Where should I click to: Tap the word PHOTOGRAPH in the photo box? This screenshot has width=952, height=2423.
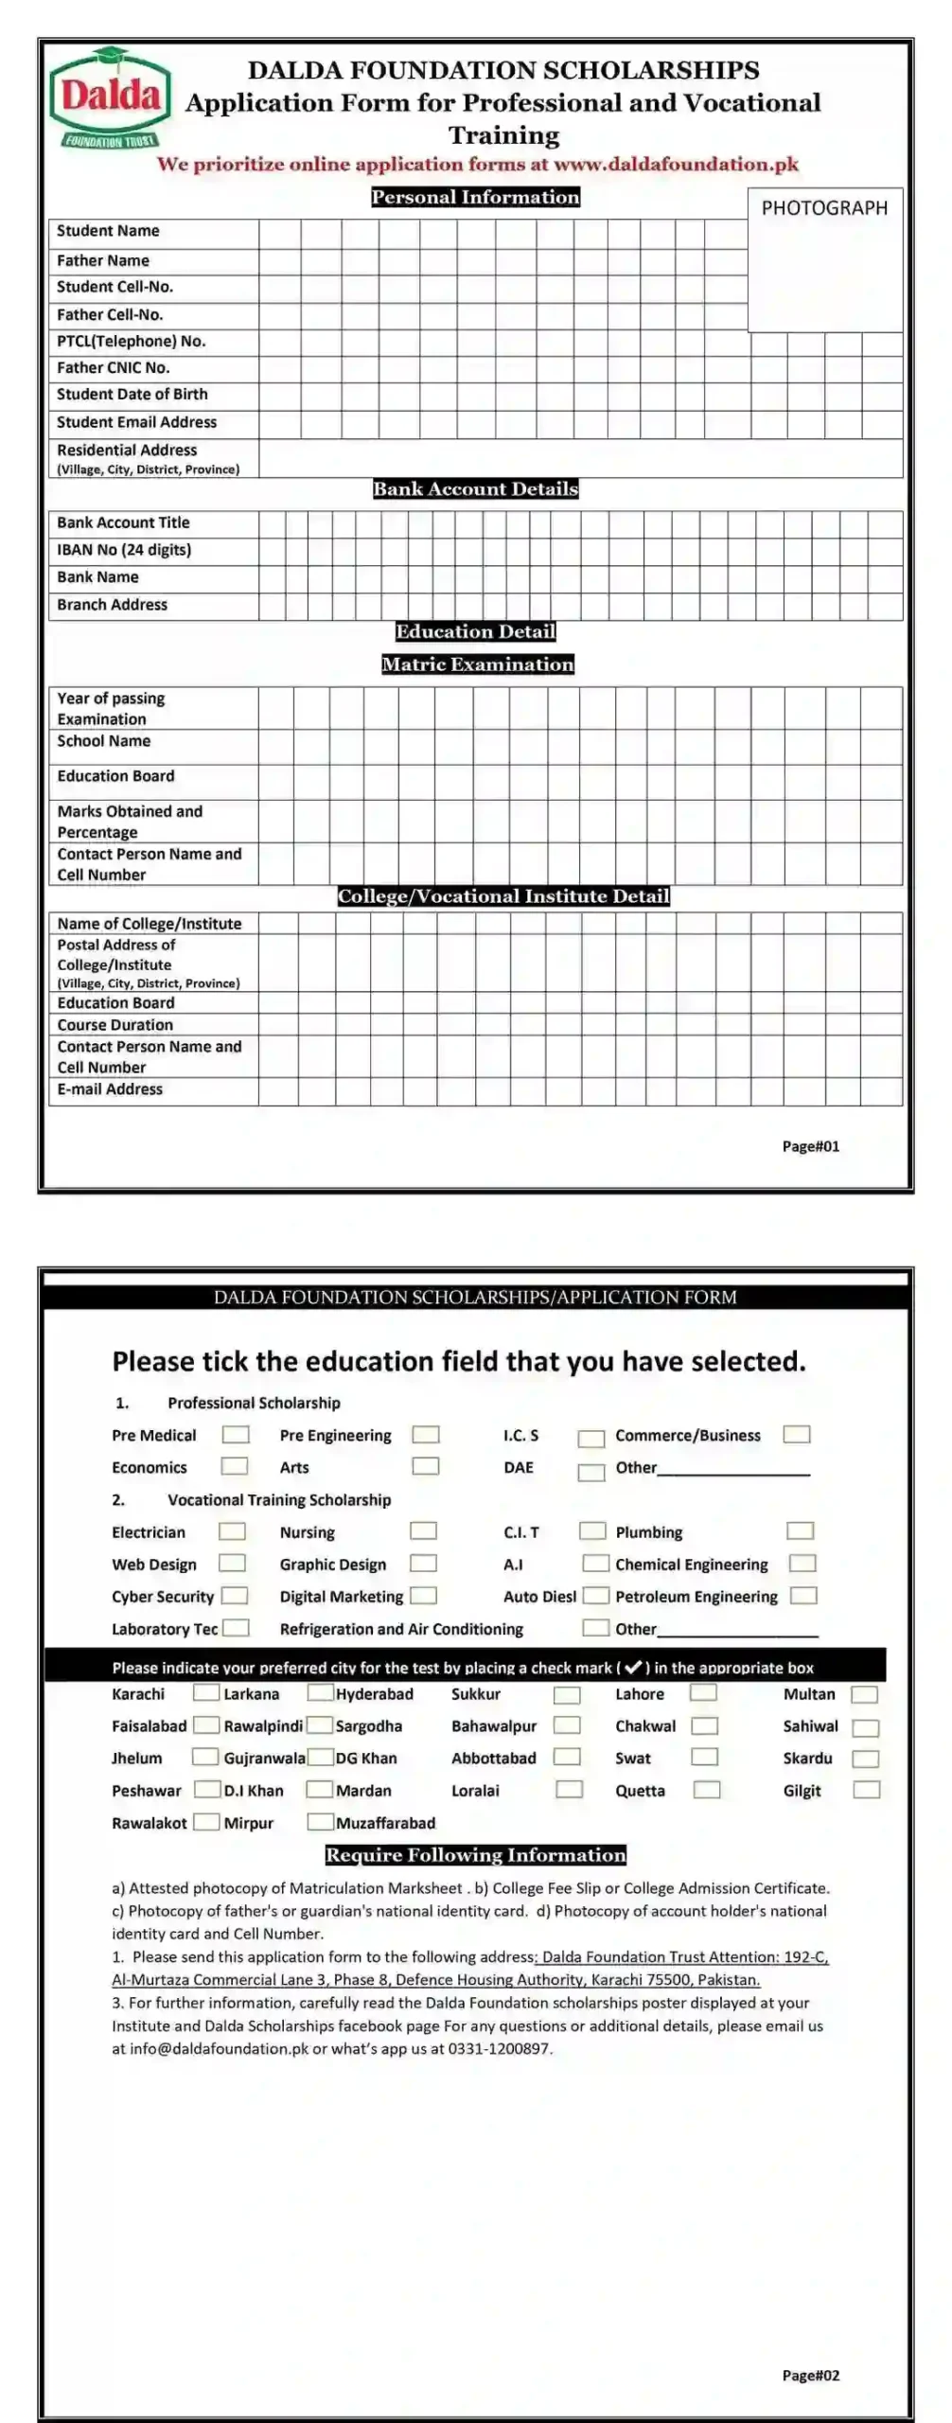[824, 208]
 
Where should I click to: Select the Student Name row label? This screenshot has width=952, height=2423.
[108, 231]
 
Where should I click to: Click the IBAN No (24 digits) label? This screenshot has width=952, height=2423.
[124, 550]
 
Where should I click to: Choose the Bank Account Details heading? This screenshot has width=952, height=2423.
[475, 489]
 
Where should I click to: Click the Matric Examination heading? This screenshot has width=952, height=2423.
[477, 664]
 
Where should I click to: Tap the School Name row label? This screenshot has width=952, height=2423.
[104, 741]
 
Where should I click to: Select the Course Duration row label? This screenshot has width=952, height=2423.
[115, 1025]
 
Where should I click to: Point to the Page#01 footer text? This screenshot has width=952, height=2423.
[810, 1146]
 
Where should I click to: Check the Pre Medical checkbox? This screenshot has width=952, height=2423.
[236, 1435]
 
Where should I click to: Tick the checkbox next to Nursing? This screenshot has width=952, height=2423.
[423, 1531]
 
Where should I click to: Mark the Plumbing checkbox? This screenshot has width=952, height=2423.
[800, 1531]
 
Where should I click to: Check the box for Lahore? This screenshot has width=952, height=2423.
[703, 1693]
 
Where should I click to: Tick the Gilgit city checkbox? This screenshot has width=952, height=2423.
[866, 1790]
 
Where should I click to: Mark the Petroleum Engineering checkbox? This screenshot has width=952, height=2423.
[803, 1596]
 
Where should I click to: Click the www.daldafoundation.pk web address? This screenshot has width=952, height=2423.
[676, 165]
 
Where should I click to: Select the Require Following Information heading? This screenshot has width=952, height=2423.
[475, 1855]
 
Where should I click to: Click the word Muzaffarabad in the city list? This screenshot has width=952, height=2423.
[386, 1823]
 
